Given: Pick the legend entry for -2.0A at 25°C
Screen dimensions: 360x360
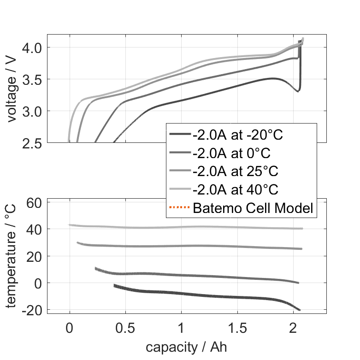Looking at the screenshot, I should click(x=236, y=171).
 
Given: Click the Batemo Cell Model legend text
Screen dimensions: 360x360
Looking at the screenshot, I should click(x=253, y=208).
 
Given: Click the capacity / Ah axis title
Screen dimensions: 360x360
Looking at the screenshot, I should click(x=187, y=346).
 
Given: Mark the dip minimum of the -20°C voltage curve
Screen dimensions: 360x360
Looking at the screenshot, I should click(x=297, y=91).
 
